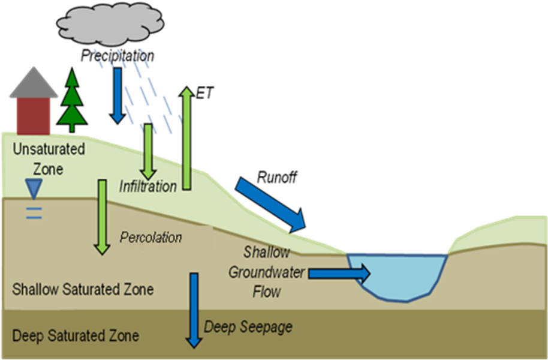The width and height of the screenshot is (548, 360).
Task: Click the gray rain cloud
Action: pos(110,24)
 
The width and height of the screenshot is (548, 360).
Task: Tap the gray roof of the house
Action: pos(34,84)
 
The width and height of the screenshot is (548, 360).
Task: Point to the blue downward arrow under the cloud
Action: pos(117,96)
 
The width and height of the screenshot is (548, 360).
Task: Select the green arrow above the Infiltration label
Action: pos(147,150)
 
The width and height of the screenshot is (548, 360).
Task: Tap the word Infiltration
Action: pos(148,186)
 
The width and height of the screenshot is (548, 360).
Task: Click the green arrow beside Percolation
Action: pos(103,216)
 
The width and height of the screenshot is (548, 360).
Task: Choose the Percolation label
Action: pos(150,238)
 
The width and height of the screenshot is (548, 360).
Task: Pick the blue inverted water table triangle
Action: pos(34,189)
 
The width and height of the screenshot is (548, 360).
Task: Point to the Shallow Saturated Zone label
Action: pos(83,289)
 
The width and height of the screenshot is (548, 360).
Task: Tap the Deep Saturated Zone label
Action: pos(76,335)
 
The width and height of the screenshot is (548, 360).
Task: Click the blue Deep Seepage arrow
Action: pos(194,309)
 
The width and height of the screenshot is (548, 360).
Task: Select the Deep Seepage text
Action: pos(248,327)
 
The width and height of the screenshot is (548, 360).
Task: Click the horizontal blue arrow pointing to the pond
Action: pos(339,274)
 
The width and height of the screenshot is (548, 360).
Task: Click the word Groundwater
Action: pos(266,272)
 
